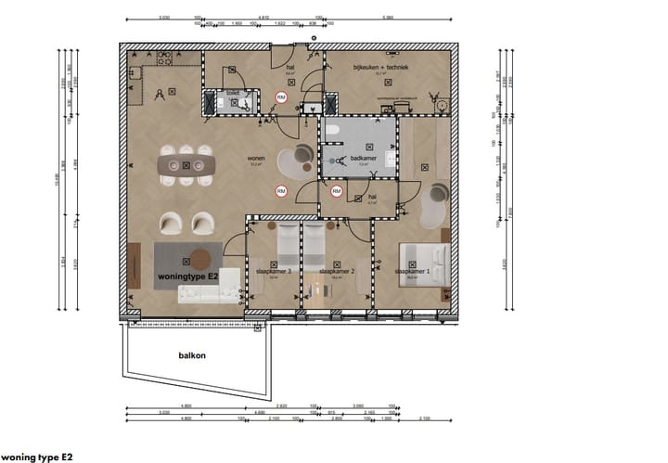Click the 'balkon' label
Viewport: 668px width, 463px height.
(x=191, y=354)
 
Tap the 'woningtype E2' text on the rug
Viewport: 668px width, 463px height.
(x=187, y=277)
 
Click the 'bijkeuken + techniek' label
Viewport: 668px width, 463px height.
(x=381, y=68)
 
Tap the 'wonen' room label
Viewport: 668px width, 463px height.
(x=255, y=158)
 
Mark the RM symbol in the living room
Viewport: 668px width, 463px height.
(x=278, y=191)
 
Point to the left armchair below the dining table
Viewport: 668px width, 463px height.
(x=171, y=223)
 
